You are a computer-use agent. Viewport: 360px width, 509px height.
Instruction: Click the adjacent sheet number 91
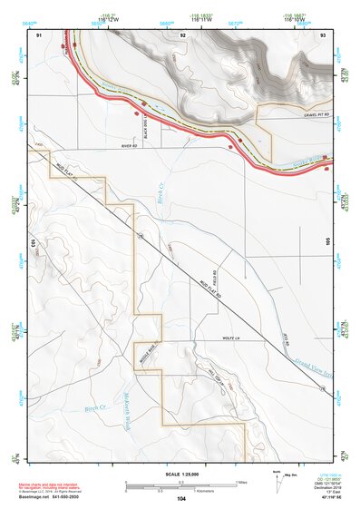[39, 34]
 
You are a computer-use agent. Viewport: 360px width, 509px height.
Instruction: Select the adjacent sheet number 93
[324, 34]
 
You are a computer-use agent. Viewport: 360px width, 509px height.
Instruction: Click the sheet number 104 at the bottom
[181, 499]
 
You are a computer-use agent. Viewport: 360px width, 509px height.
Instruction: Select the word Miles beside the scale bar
[241, 481]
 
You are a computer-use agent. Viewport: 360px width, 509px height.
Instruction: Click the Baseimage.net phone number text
[54, 498]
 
